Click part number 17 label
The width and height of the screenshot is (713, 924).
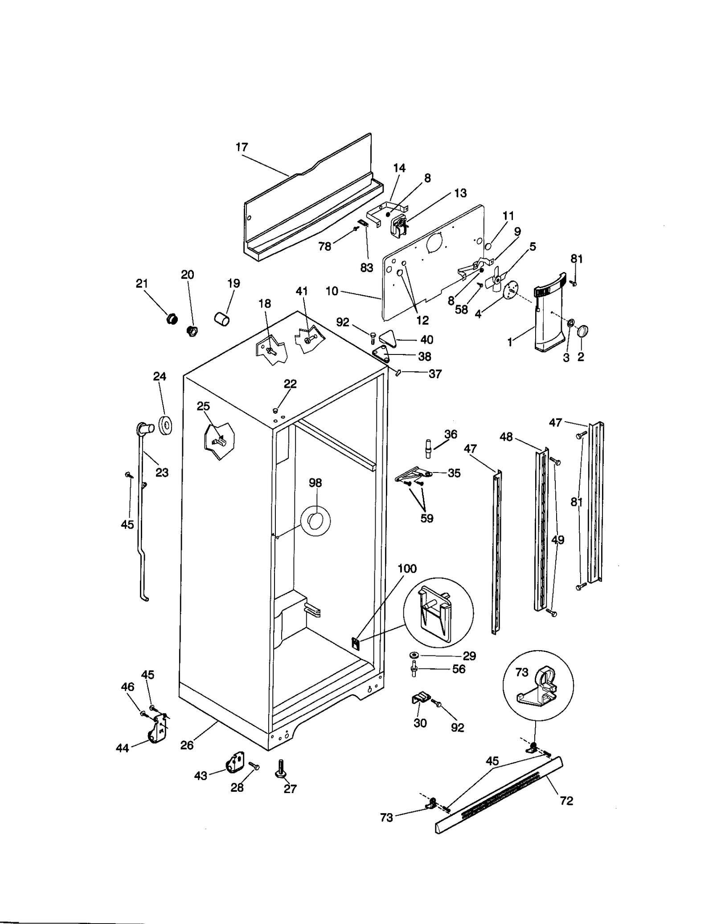point(242,147)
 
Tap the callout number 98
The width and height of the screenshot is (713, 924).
point(315,483)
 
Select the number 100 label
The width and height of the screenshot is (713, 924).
point(406,569)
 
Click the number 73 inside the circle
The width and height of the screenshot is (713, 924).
point(522,672)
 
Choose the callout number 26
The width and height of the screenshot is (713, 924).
point(187,745)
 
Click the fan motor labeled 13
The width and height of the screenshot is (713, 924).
point(399,225)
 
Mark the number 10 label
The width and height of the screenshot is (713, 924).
point(332,292)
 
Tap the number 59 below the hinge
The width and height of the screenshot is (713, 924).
point(426,518)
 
